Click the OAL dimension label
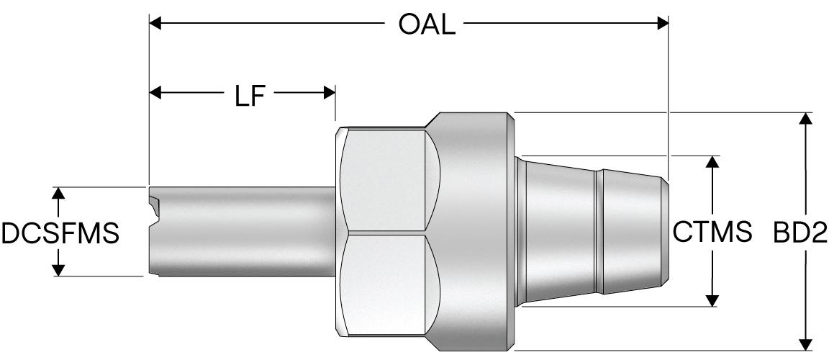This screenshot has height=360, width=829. coord(427,24)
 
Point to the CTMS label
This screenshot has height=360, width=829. coord(712,232)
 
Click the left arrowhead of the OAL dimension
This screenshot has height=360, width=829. coord(155,24)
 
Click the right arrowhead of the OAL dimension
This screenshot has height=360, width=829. coord(663,24)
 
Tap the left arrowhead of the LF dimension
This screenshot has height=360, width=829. coord(155,93)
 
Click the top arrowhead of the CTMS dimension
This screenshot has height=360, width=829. coord(713,161)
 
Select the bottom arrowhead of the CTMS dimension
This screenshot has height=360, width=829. coord(713,300)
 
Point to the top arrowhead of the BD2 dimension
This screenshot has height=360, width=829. coord(807,119)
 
